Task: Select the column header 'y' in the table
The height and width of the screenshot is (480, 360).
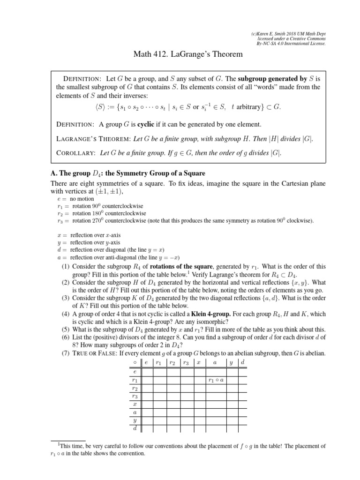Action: [231, 363]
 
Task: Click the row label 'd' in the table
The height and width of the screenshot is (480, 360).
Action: [135, 428]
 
